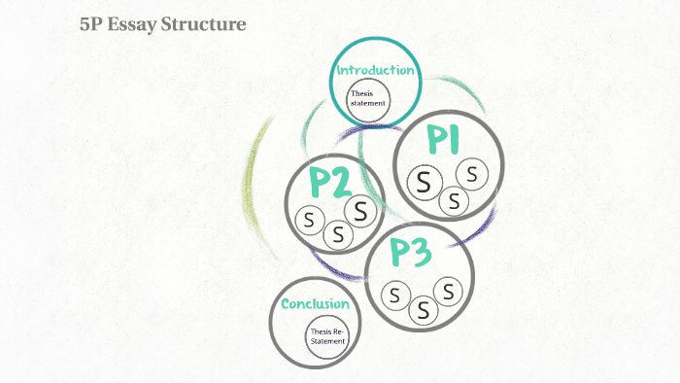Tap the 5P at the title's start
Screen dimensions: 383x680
coord(92,23)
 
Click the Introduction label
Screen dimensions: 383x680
coord(376,70)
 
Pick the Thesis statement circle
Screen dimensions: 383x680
coord(369,99)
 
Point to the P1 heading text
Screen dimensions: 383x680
coord(444,141)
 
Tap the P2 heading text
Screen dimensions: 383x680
coord(329,182)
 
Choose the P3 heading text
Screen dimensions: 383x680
coord(410,252)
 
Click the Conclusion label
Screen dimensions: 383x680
coord(315,304)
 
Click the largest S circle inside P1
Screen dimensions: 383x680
coord(424,181)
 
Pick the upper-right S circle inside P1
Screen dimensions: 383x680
coord(472,174)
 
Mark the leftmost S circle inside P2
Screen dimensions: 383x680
coord(309,221)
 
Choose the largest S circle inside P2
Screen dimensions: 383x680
coord(360,209)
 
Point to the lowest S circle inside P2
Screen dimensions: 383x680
coord(338,233)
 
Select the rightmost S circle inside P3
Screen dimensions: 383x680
coord(448,290)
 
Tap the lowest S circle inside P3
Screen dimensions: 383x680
coord(424,310)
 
